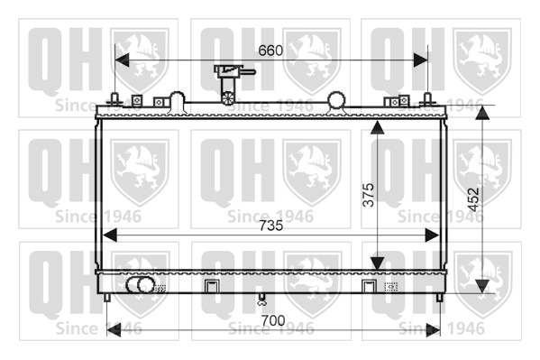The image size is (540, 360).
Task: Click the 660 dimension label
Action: (270, 51)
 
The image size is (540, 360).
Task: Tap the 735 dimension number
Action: (271, 226)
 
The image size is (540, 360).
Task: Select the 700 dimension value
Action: (273, 320)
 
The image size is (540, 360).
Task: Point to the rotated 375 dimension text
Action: (368, 195)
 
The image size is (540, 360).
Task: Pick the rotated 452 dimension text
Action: (474, 199)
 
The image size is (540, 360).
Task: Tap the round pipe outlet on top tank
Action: (336, 99)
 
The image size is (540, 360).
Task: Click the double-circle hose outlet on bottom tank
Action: (141, 285)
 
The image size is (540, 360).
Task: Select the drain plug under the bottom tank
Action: (262, 299)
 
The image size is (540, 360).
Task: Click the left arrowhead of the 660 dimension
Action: (122, 60)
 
